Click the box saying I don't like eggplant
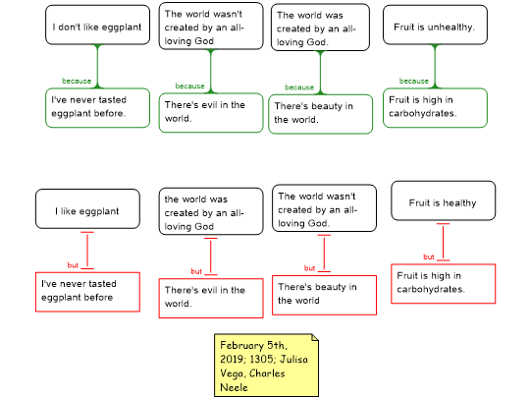[x=98, y=25]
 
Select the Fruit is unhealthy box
[x=435, y=25]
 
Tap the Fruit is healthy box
[x=443, y=200]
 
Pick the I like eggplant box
[x=87, y=208]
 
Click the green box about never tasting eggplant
[x=98, y=108]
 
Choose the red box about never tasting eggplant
[x=87, y=292]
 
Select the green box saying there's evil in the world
[x=211, y=113]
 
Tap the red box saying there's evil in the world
[x=211, y=298]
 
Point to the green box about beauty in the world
[x=320, y=114]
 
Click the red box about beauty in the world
[x=324, y=295]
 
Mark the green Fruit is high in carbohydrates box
[x=435, y=108]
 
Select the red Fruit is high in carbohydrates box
[x=443, y=284]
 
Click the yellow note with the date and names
[x=266, y=366]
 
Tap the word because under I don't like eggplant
[x=77, y=81]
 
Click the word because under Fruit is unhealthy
[x=414, y=81]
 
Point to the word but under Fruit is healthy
[x=429, y=256]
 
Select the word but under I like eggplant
[x=73, y=265]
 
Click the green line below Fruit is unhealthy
[x=435, y=67]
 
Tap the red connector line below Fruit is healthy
[x=443, y=242]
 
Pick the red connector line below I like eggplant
[x=87, y=251]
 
